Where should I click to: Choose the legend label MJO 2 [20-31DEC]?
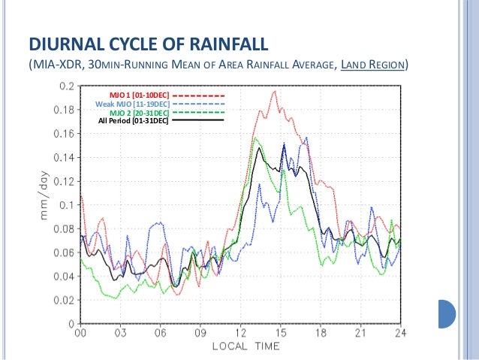[140, 112]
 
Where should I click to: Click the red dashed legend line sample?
[199, 95]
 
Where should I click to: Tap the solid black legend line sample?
[199, 119]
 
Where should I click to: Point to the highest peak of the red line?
[275, 92]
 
